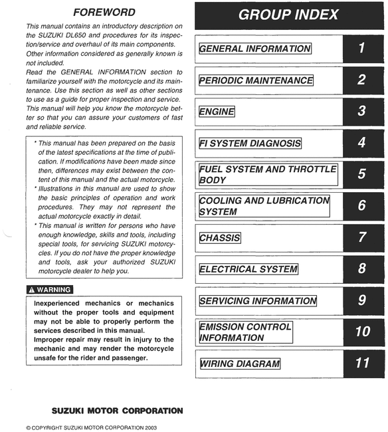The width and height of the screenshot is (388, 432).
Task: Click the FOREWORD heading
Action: (x=104, y=12)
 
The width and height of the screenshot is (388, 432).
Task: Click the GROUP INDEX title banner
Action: (x=288, y=15)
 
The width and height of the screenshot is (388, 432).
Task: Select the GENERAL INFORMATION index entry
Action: (x=255, y=49)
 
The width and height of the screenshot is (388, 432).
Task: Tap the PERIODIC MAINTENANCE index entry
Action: (x=256, y=80)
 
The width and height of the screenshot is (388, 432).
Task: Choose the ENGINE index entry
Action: (x=217, y=112)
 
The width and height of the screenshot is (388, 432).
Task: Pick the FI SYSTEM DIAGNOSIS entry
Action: (x=250, y=143)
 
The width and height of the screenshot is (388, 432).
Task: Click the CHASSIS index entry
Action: (x=220, y=237)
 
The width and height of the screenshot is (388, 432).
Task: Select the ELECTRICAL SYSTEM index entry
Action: (x=248, y=269)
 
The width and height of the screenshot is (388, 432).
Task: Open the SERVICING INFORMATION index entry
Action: (x=256, y=300)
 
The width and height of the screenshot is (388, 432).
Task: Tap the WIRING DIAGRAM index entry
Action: (x=240, y=364)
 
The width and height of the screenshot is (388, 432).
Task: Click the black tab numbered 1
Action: (x=362, y=48)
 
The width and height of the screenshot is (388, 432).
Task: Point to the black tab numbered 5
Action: (x=362, y=174)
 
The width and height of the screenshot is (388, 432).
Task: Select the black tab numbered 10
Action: (x=362, y=331)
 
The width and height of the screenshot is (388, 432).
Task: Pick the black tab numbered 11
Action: (x=362, y=363)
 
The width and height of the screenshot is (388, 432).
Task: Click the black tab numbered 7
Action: (x=362, y=237)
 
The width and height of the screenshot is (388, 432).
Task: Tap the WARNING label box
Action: (x=50, y=290)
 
